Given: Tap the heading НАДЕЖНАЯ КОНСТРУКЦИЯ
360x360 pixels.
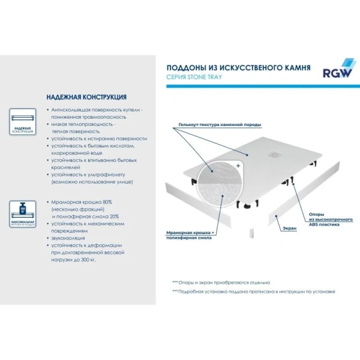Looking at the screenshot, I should tap(86, 97).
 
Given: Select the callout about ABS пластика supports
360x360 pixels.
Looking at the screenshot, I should tap(324, 219).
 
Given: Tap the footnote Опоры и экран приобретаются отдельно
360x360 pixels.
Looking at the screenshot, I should tap(221, 282).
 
